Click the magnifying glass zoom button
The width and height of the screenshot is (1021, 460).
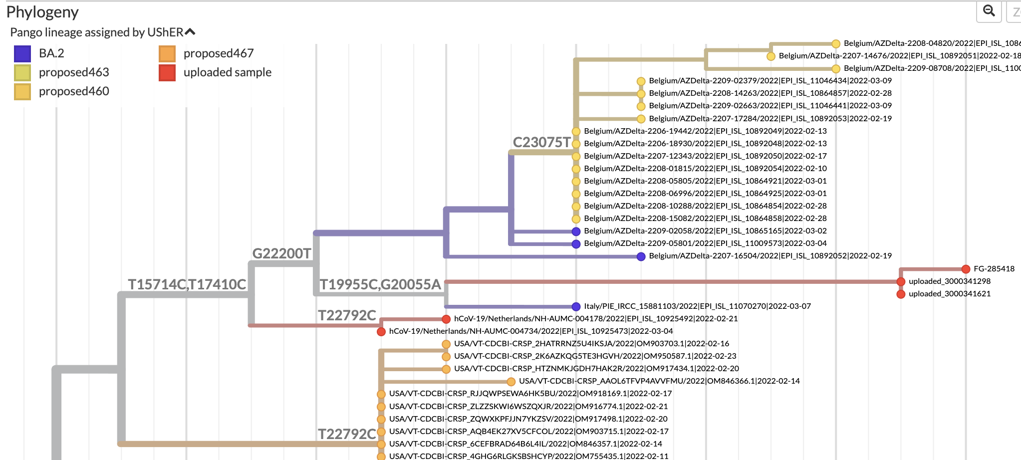[989, 11]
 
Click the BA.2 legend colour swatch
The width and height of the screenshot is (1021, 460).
[22, 53]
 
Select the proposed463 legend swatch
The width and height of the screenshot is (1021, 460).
[22, 72]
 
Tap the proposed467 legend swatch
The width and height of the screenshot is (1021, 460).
[167, 53]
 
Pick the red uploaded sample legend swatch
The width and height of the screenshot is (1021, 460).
[167, 72]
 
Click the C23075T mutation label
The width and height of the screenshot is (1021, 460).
[541, 142]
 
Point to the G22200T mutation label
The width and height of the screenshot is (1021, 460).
[281, 253]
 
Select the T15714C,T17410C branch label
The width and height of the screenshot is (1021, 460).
[187, 284]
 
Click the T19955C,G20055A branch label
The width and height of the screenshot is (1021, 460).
[380, 284]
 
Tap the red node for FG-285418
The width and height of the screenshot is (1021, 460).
[966, 269]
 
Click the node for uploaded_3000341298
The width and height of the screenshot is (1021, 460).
[901, 281]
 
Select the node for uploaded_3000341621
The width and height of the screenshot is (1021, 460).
[901, 294]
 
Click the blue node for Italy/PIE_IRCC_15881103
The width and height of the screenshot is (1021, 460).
[576, 306]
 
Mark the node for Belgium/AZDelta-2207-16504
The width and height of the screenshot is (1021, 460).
[641, 256]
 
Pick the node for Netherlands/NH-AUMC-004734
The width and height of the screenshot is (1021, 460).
[381, 331]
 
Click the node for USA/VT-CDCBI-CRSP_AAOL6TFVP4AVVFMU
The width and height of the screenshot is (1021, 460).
[511, 382]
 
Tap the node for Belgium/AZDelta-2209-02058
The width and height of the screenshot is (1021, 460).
[576, 231]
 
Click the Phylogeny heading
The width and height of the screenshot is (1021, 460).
[42, 12]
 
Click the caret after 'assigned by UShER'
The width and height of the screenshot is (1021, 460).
[190, 32]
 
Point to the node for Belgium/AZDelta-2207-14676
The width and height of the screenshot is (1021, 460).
[770, 56]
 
